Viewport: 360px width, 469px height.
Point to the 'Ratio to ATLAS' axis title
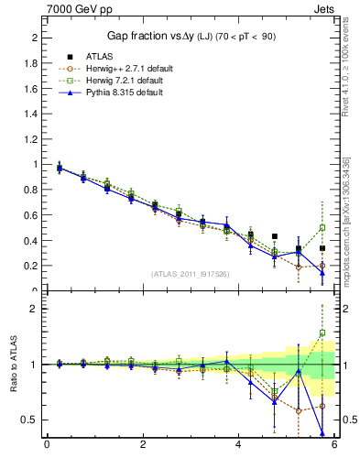pyautogui.click(x=12, y=365)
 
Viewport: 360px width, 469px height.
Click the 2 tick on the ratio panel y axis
pyautogui.click(x=35, y=309)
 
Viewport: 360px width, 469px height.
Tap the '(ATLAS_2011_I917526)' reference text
pyautogui.click(x=189, y=273)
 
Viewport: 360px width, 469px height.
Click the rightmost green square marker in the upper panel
pyautogui.click(x=322, y=227)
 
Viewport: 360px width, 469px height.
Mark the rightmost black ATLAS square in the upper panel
pyautogui.click(x=322, y=248)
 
